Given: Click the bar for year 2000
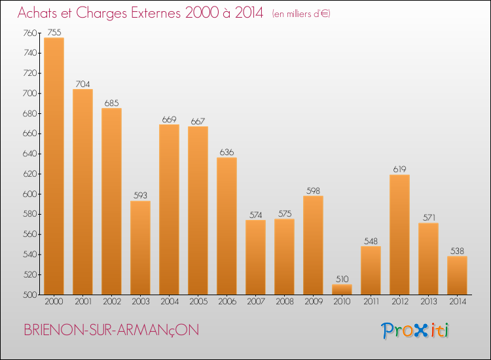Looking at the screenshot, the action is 54,166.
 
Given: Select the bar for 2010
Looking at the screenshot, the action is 342,289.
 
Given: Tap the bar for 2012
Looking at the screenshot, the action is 399,234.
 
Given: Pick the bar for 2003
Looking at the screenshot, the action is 140,247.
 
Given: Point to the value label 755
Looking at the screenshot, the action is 54,33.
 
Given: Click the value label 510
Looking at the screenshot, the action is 342,279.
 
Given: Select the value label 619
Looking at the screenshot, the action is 399,170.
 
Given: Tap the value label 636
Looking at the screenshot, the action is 227,152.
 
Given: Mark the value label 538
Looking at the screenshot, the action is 457,251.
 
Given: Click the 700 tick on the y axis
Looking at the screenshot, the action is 29,94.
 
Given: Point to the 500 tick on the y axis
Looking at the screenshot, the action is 29,295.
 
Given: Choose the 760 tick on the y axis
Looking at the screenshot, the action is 29,33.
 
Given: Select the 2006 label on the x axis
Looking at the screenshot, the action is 227,302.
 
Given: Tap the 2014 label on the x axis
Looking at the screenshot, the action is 458,302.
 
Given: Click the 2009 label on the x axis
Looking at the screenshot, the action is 314,302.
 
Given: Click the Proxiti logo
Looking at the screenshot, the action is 415,331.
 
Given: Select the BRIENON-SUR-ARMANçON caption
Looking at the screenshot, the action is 111,330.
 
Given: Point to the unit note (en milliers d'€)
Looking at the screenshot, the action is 301,14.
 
